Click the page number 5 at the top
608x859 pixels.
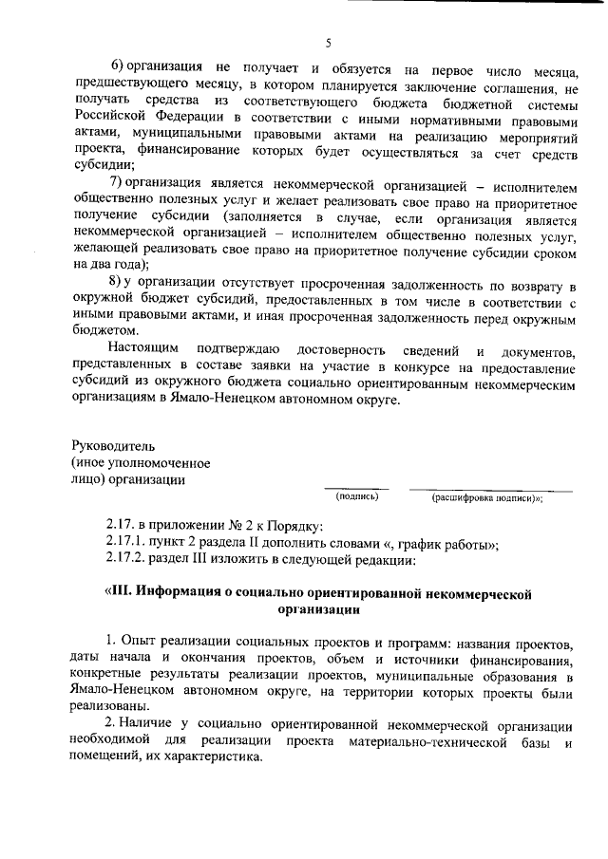click(x=327, y=43)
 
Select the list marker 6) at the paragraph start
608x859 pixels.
click(x=120, y=70)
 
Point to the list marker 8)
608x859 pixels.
click(x=120, y=284)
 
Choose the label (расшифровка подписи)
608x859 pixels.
click(x=484, y=496)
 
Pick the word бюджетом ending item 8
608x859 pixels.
click(x=104, y=329)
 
